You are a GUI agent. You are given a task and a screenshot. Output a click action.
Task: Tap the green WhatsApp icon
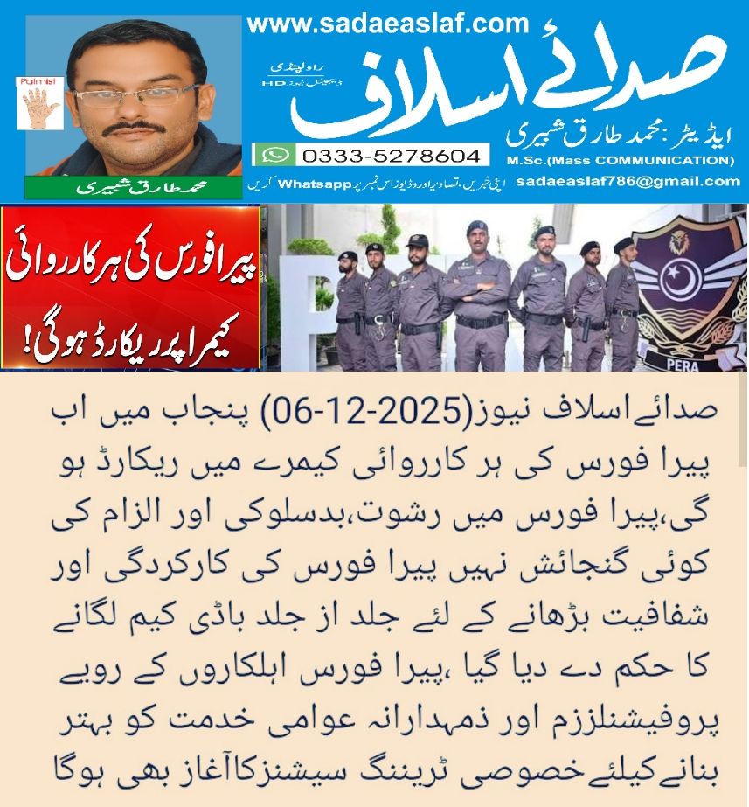274,155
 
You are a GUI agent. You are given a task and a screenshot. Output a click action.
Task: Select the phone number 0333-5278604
391,156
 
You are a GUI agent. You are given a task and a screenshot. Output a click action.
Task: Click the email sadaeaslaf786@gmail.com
628,182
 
